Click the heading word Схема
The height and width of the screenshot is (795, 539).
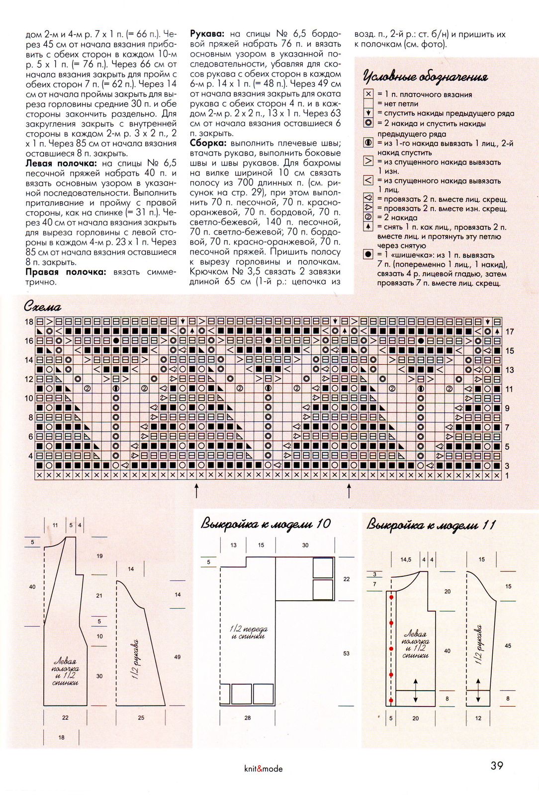[x=42, y=307]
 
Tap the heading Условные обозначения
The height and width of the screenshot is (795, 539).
[x=425, y=77]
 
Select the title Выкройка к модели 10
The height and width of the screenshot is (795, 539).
[x=266, y=524]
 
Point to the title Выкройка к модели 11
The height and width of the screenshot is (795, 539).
[x=431, y=525]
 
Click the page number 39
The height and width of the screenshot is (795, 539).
[x=497, y=766]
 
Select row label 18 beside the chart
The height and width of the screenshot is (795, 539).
[x=29, y=321]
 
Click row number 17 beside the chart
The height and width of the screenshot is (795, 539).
[x=510, y=331]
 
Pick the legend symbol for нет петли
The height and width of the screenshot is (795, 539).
[x=368, y=103]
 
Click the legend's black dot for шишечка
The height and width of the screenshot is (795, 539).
[x=368, y=254]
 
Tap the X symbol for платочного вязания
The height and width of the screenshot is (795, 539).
[x=368, y=94]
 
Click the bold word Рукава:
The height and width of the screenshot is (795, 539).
[x=208, y=34]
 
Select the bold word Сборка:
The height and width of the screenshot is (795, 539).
[x=208, y=143]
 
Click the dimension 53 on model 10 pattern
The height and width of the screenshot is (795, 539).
[x=347, y=653]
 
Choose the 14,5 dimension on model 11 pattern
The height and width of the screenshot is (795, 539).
[x=406, y=559]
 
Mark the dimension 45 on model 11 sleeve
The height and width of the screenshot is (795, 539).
[x=508, y=646]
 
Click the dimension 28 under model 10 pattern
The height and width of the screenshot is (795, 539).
[x=248, y=718]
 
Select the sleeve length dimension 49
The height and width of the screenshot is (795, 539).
[x=178, y=657]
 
